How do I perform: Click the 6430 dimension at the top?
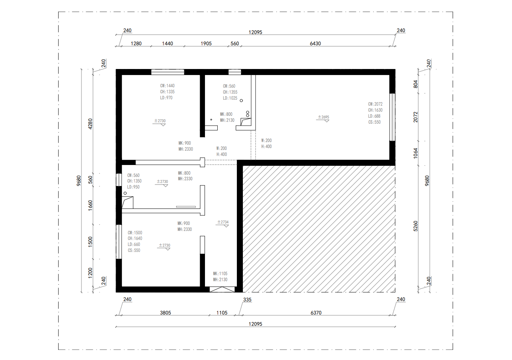[x=315, y=43]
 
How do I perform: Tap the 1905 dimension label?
[x=206, y=43]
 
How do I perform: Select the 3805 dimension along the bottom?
[x=165, y=312]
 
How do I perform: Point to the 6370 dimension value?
[x=316, y=312]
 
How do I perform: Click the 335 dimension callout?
[x=247, y=300]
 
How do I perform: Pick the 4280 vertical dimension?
[x=90, y=124]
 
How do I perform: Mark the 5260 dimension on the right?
[x=416, y=226]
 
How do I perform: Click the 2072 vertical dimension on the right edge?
[x=416, y=117]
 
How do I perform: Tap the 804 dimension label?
[x=416, y=84]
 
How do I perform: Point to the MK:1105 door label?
[x=220, y=273]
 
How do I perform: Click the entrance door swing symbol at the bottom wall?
[x=222, y=289]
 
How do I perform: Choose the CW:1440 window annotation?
[x=167, y=86]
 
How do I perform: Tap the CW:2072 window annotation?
[x=375, y=104]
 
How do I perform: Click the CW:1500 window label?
[x=135, y=232]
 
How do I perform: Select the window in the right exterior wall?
[x=392, y=117]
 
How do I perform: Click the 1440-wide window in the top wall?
[x=167, y=72]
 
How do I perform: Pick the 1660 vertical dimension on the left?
[x=90, y=205]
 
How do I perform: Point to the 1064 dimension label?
[x=416, y=153]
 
